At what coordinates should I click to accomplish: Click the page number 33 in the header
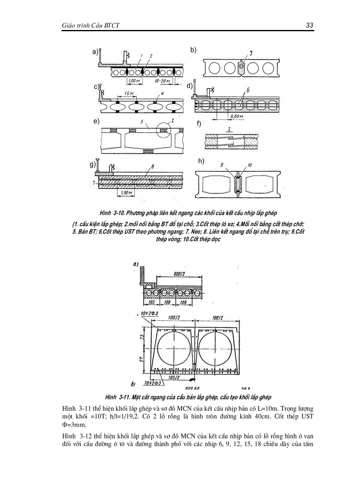point(309,26)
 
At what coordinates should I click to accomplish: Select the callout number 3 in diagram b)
point(251,53)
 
